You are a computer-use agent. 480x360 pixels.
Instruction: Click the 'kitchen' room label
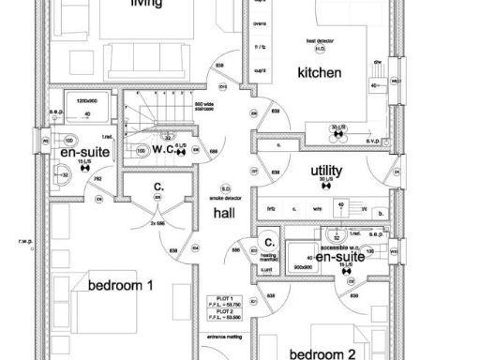[x=319, y=73]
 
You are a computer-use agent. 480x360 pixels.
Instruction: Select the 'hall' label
[x=224, y=214]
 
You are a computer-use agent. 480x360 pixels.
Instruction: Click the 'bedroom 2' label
[x=322, y=354]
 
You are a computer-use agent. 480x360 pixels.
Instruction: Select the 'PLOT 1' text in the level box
[x=223, y=299]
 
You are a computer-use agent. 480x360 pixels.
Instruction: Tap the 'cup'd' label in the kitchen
[x=260, y=69]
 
